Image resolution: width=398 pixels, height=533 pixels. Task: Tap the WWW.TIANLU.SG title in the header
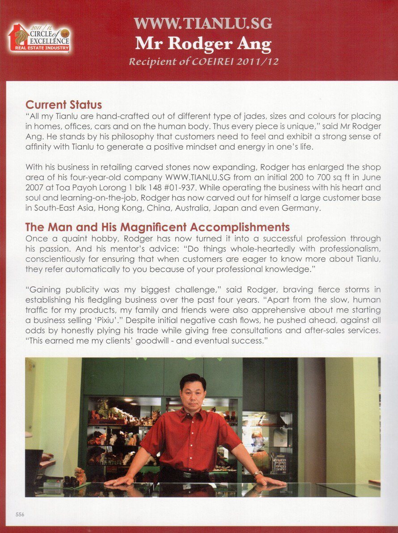pyautogui.click(x=203, y=23)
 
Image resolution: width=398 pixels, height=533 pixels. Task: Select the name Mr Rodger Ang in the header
pyautogui.click(x=203, y=44)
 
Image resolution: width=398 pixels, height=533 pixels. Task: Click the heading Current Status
pyautogui.click(x=64, y=105)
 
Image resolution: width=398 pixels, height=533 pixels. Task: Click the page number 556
pyautogui.click(x=20, y=514)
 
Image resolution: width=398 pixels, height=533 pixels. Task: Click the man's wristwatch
pyautogui.click(x=258, y=473)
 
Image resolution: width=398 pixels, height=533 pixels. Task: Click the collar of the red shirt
pyautogui.click(x=192, y=414)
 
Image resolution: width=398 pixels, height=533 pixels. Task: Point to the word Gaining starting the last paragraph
pyautogui.click(x=45, y=290)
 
